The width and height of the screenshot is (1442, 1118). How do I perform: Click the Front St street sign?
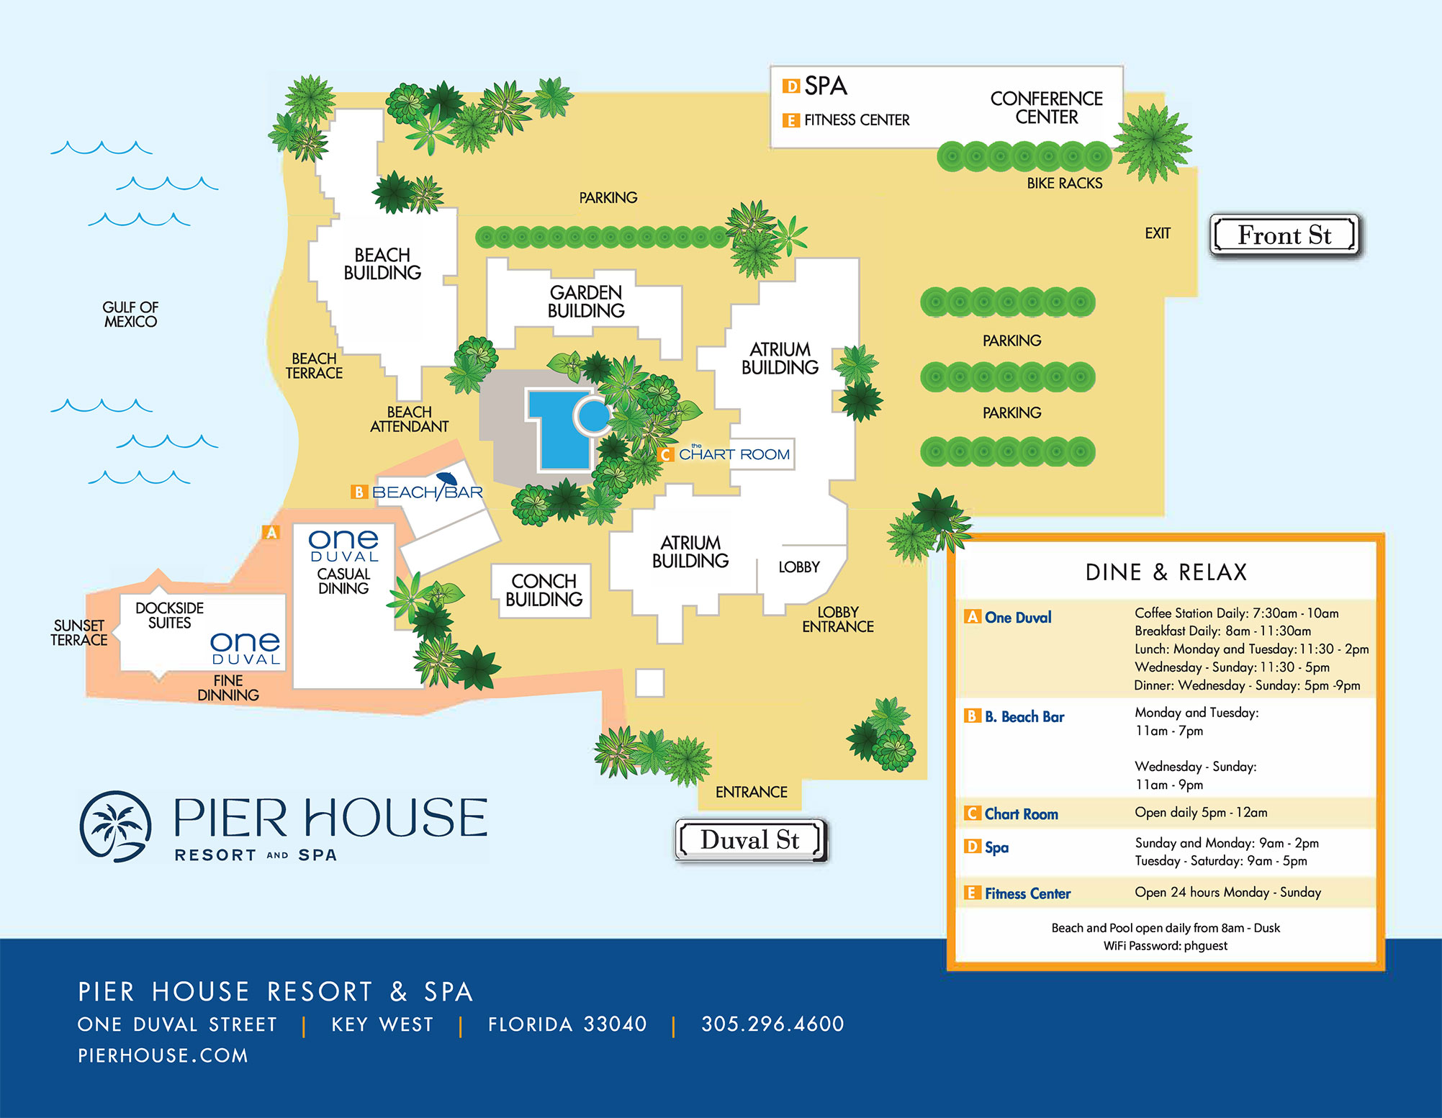coord(1284,235)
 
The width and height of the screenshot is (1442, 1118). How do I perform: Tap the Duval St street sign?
coord(750,840)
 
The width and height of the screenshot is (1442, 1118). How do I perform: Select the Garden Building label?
coord(586,302)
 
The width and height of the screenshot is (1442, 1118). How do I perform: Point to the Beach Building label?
coord(382,264)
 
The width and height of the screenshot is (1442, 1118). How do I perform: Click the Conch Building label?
coord(544,590)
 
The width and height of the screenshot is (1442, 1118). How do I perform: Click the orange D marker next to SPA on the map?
coord(791,86)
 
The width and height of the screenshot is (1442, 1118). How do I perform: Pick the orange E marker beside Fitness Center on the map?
coord(791,120)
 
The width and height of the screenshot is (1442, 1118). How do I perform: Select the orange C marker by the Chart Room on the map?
coord(666,454)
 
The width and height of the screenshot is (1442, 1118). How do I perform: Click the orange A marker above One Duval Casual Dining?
coord(271,533)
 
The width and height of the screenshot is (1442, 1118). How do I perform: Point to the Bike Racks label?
coord(1064,184)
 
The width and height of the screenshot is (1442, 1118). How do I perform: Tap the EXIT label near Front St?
coord(1158,233)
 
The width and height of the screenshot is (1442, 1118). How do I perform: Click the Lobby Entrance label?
coord(838,619)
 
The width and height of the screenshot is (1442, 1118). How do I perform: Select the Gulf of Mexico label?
coord(130,315)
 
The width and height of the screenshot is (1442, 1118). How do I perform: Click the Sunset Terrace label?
coord(78,633)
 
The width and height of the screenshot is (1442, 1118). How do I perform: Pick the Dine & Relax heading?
coord(1166,572)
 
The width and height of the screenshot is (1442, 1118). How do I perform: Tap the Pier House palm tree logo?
coord(115,826)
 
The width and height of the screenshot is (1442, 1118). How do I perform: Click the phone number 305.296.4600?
coord(772,1024)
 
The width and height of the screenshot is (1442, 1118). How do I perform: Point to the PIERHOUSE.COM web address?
coord(163,1055)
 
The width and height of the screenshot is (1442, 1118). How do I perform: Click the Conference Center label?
coord(1046,108)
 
